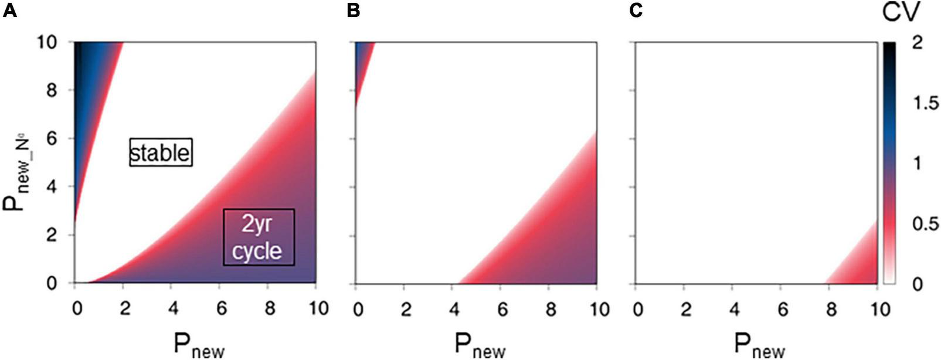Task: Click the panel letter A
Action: pyautogui.click(x=9, y=11)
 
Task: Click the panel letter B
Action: pyautogui.click(x=354, y=11)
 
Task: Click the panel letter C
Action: pyautogui.click(x=636, y=11)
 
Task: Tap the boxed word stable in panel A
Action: pyautogui.click(x=161, y=153)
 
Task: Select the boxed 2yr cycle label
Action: pyautogui.click(x=258, y=237)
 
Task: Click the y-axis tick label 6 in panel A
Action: pyautogui.click(x=53, y=139)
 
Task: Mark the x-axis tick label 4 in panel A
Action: pyautogui.click(x=172, y=308)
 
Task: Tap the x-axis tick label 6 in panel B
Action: pyautogui.click(x=502, y=308)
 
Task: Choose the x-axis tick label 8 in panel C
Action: pyautogui.click(x=831, y=308)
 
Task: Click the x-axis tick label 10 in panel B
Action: pyautogui.click(x=599, y=308)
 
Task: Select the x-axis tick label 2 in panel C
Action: pyautogui.click(x=685, y=308)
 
